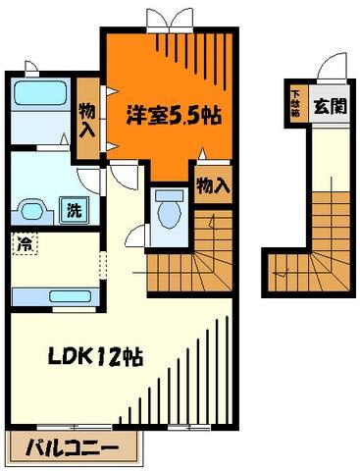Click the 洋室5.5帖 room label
[173, 114]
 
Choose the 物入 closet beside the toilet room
[213, 183]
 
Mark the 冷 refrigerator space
[22, 243]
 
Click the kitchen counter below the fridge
[54, 297]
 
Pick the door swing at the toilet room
[136, 235]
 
